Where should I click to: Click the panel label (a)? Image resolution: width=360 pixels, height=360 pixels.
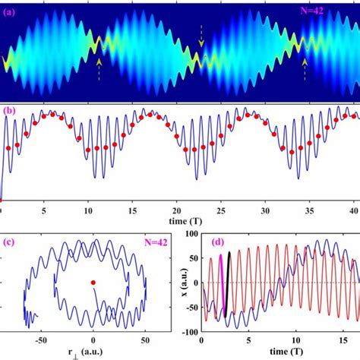coord(12,11)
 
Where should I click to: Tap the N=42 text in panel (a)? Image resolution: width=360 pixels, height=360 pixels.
coord(330,11)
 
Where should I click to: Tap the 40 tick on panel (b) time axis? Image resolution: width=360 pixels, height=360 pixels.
coord(352,209)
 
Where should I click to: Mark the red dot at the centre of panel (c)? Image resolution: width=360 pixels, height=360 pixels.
coord(93,283)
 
